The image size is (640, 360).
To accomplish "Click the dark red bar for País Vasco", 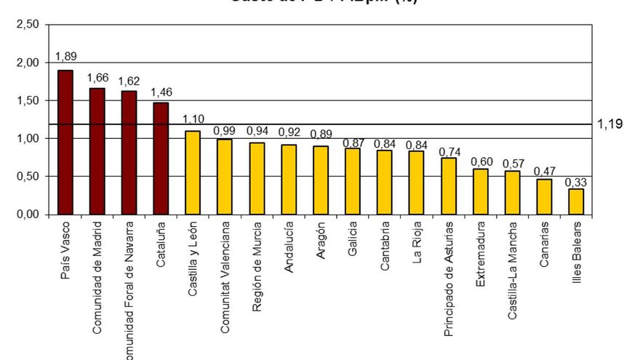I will tap(65, 143).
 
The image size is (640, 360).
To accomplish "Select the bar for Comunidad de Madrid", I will tap(97, 151).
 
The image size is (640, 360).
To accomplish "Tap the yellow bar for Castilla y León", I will tap(193, 172).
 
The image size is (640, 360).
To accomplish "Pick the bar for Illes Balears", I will tap(576, 201).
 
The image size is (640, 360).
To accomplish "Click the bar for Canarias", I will tap(544, 196).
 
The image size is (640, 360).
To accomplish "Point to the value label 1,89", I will tap(65, 57).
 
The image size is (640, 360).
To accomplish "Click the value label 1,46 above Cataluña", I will tap(161, 92).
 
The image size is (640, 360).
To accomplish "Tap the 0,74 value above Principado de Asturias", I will tap(449, 151).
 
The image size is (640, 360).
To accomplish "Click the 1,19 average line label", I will tap(609, 124).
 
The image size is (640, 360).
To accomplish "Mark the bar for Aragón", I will tap(321, 180).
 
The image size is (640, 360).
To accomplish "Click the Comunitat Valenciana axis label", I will tap(225, 277).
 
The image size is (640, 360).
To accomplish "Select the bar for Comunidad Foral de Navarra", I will tap(129, 153).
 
